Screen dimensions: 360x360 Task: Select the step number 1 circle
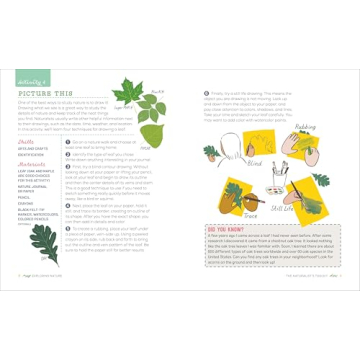(69, 143)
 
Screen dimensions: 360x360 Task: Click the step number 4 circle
(69, 206)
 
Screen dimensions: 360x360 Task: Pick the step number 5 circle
(69, 228)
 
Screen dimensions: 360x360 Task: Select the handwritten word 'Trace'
(250, 214)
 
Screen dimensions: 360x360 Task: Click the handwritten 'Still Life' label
(281, 208)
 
